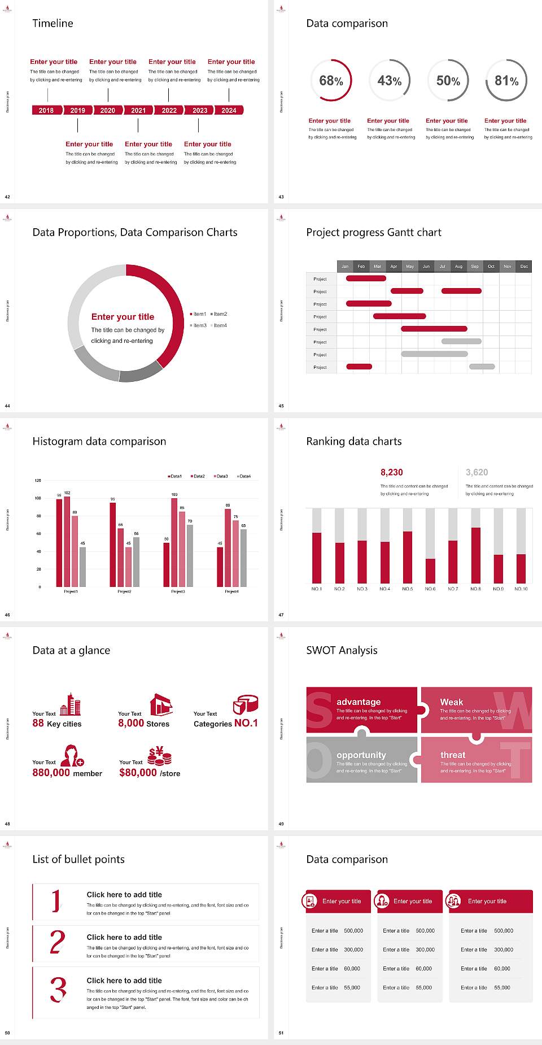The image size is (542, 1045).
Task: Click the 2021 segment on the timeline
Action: (x=138, y=110)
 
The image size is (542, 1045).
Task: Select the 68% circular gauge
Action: (x=331, y=80)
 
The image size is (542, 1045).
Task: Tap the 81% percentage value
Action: (x=506, y=81)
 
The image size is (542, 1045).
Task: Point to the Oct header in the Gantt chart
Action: (x=491, y=266)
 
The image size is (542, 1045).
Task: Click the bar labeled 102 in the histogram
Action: (x=67, y=539)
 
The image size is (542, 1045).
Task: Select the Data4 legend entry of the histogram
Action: (x=244, y=476)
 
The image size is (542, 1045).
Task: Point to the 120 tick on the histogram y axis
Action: (x=38, y=480)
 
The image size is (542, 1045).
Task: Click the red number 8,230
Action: (x=391, y=472)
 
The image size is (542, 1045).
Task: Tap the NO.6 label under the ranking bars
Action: (x=430, y=589)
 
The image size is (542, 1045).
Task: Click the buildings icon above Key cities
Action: (x=71, y=704)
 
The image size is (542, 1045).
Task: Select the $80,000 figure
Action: (x=138, y=772)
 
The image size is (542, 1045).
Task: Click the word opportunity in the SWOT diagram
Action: (x=361, y=755)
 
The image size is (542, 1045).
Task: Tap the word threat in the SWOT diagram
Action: (x=453, y=755)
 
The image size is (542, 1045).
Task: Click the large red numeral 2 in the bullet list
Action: (x=58, y=942)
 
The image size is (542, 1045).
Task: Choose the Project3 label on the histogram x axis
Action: (x=178, y=591)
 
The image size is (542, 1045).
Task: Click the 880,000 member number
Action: (x=51, y=772)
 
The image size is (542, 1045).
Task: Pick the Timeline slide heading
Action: (x=53, y=23)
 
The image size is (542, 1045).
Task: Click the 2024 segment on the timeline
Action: (x=229, y=110)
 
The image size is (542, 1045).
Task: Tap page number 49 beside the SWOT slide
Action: (x=281, y=824)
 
